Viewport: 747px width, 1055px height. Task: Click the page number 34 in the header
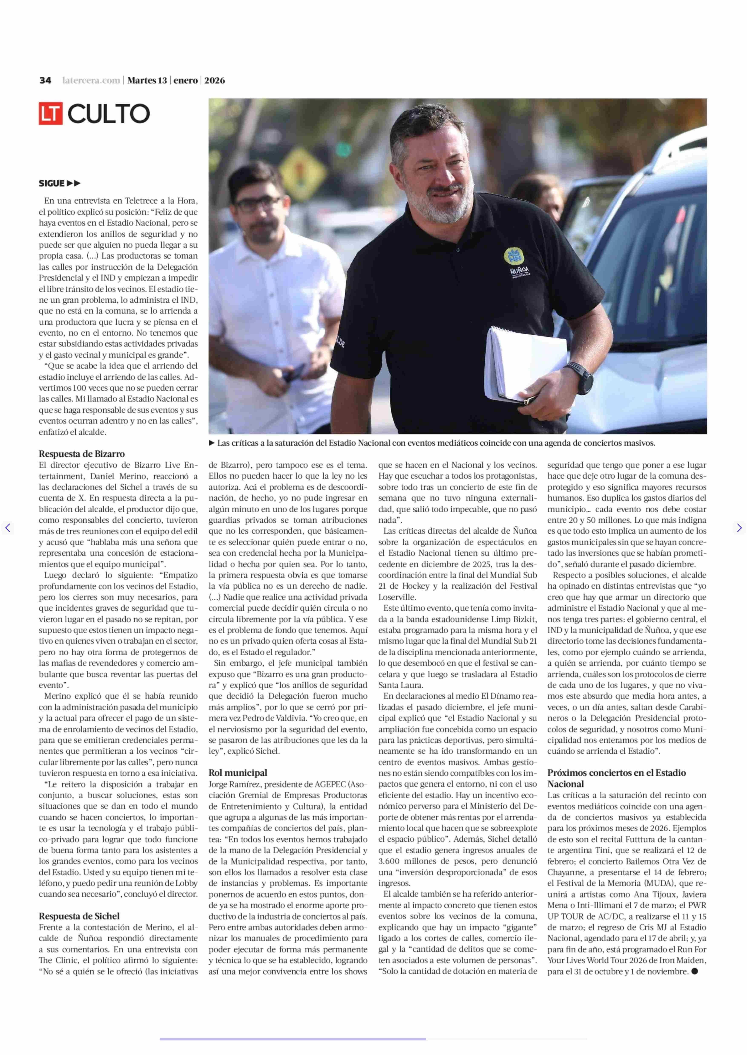pyautogui.click(x=45, y=80)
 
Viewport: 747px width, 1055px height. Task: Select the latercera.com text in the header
pyautogui.click(x=91, y=80)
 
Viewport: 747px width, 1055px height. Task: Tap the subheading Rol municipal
pyautogui.click(x=238, y=773)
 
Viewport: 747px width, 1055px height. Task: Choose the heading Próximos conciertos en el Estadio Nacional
pyautogui.click(x=616, y=778)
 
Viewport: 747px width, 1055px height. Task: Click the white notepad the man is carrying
pyautogui.click(x=524, y=363)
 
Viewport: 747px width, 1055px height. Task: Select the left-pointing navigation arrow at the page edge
pyautogui.click(x=7, y=528)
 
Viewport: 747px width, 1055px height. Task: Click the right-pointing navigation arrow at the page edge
pyautogui.click(x=739, y=528)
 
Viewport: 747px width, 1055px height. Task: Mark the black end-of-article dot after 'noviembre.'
pyautogui.click(x=695, y=971)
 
